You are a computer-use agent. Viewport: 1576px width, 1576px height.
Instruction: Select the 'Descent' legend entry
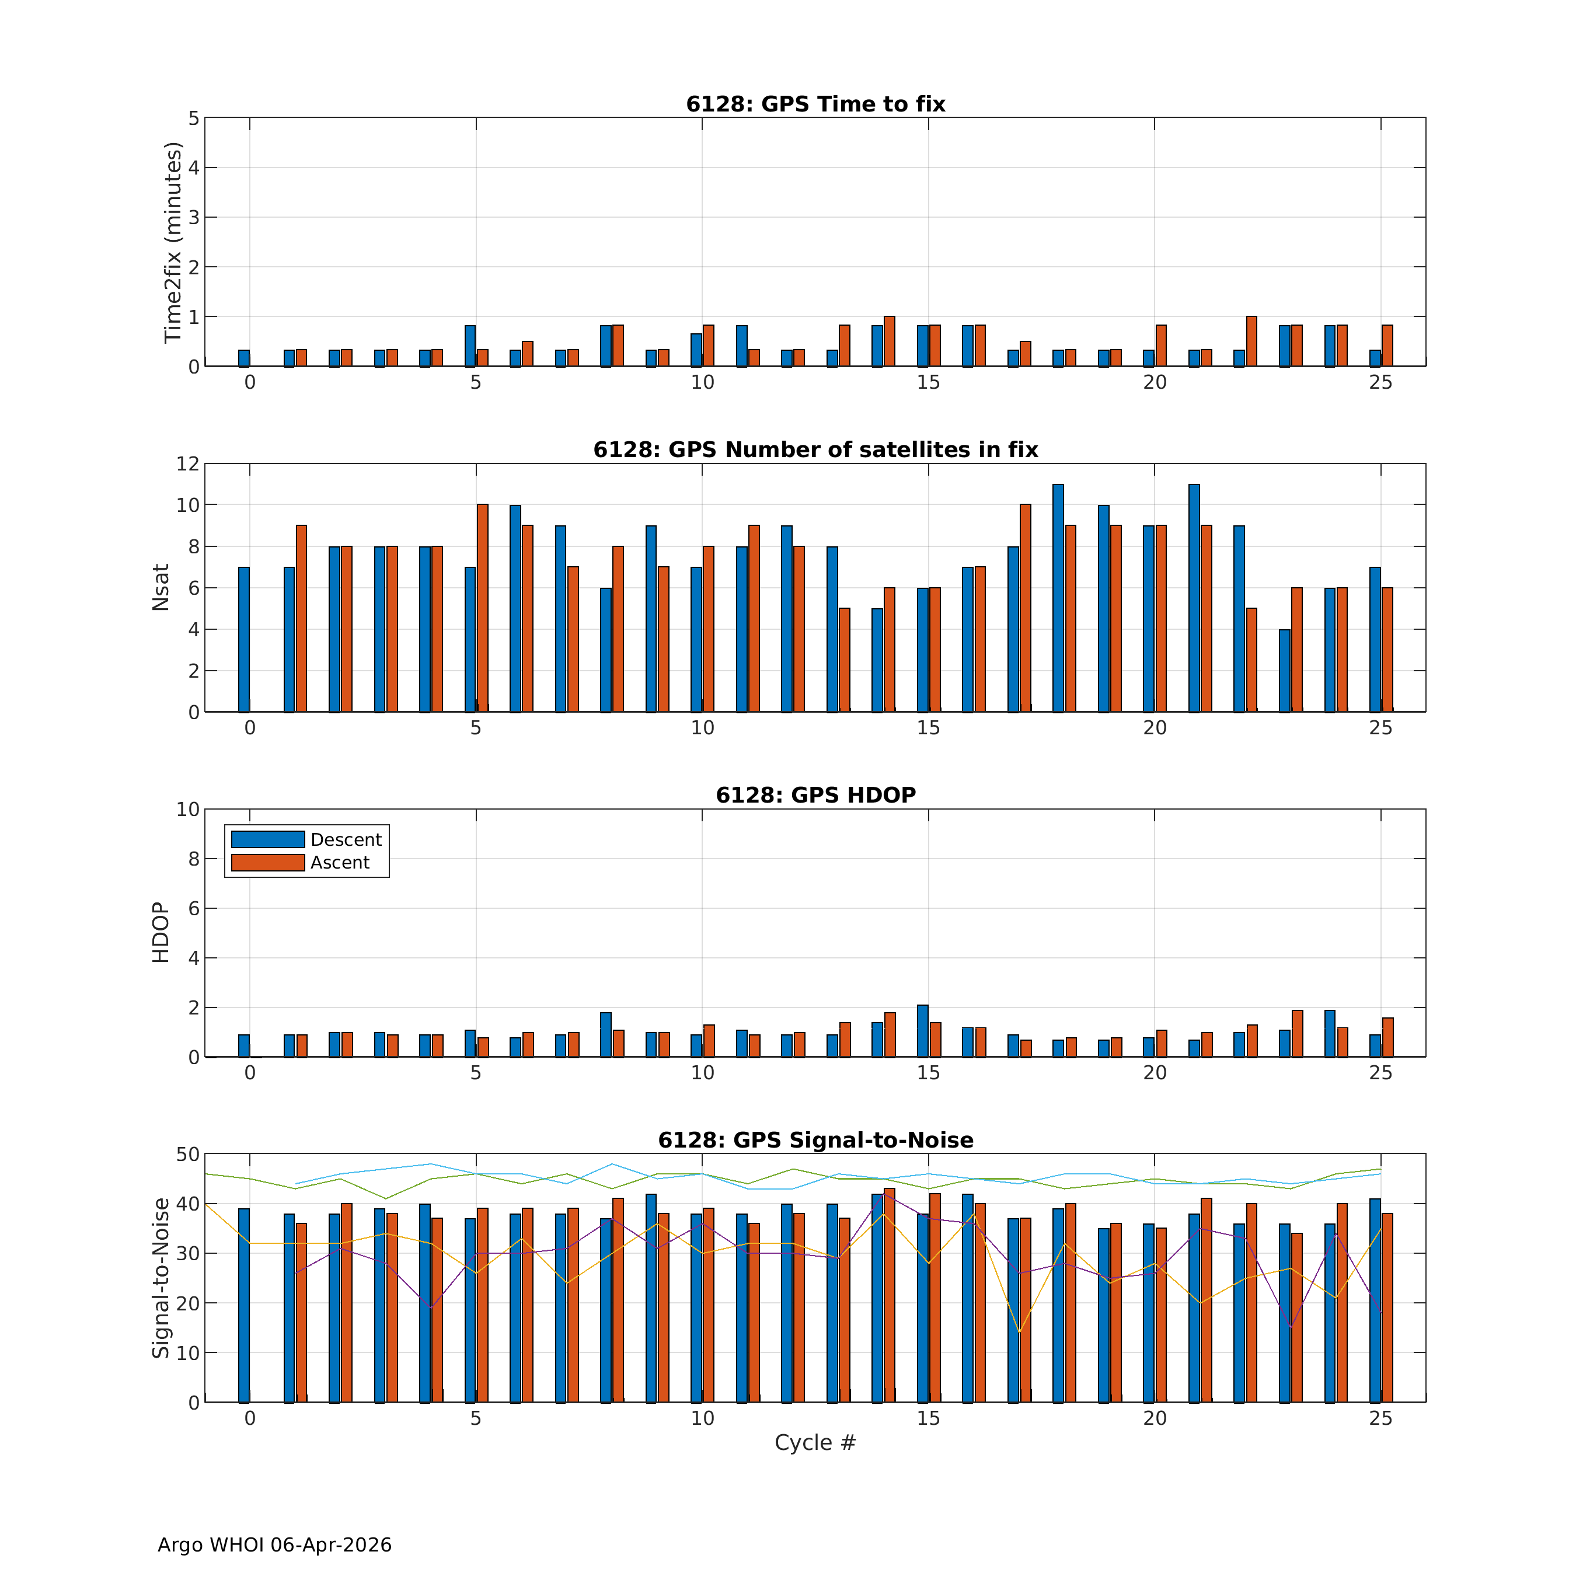pyautogui.click(x=346, y=839)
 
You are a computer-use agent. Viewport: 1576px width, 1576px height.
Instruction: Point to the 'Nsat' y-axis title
pyautogui.click(x=161, y=587)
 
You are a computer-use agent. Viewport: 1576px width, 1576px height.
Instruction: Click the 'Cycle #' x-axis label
pyautogui.click(x=815, y=1442)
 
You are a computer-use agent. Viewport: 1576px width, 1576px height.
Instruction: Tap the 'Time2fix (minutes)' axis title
pyautogui.click(x=172, y=242)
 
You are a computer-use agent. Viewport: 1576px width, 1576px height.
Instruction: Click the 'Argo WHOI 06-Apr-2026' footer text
pyautogui.click(x=274, y=1545)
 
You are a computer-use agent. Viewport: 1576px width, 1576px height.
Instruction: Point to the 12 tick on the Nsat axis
pyautogui.click(x=187, y=463)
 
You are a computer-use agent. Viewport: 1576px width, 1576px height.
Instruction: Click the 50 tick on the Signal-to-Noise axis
pyautogui.click(x=187, y=1154)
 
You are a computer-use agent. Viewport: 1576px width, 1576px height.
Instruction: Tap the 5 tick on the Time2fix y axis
pyautogui.click(x=193, y=118)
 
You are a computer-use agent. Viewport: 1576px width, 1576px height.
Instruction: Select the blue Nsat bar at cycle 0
pyautogui.click(x=244, y=640)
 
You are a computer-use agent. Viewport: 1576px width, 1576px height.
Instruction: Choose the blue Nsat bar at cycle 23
pyautogui.click(x=1284, y=671)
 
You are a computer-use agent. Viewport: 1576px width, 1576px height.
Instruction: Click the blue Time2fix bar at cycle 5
pyautogui.click(x=470, y=346)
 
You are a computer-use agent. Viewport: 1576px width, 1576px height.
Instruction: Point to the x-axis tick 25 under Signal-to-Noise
pyautogui.click(x=1380, y=1418)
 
